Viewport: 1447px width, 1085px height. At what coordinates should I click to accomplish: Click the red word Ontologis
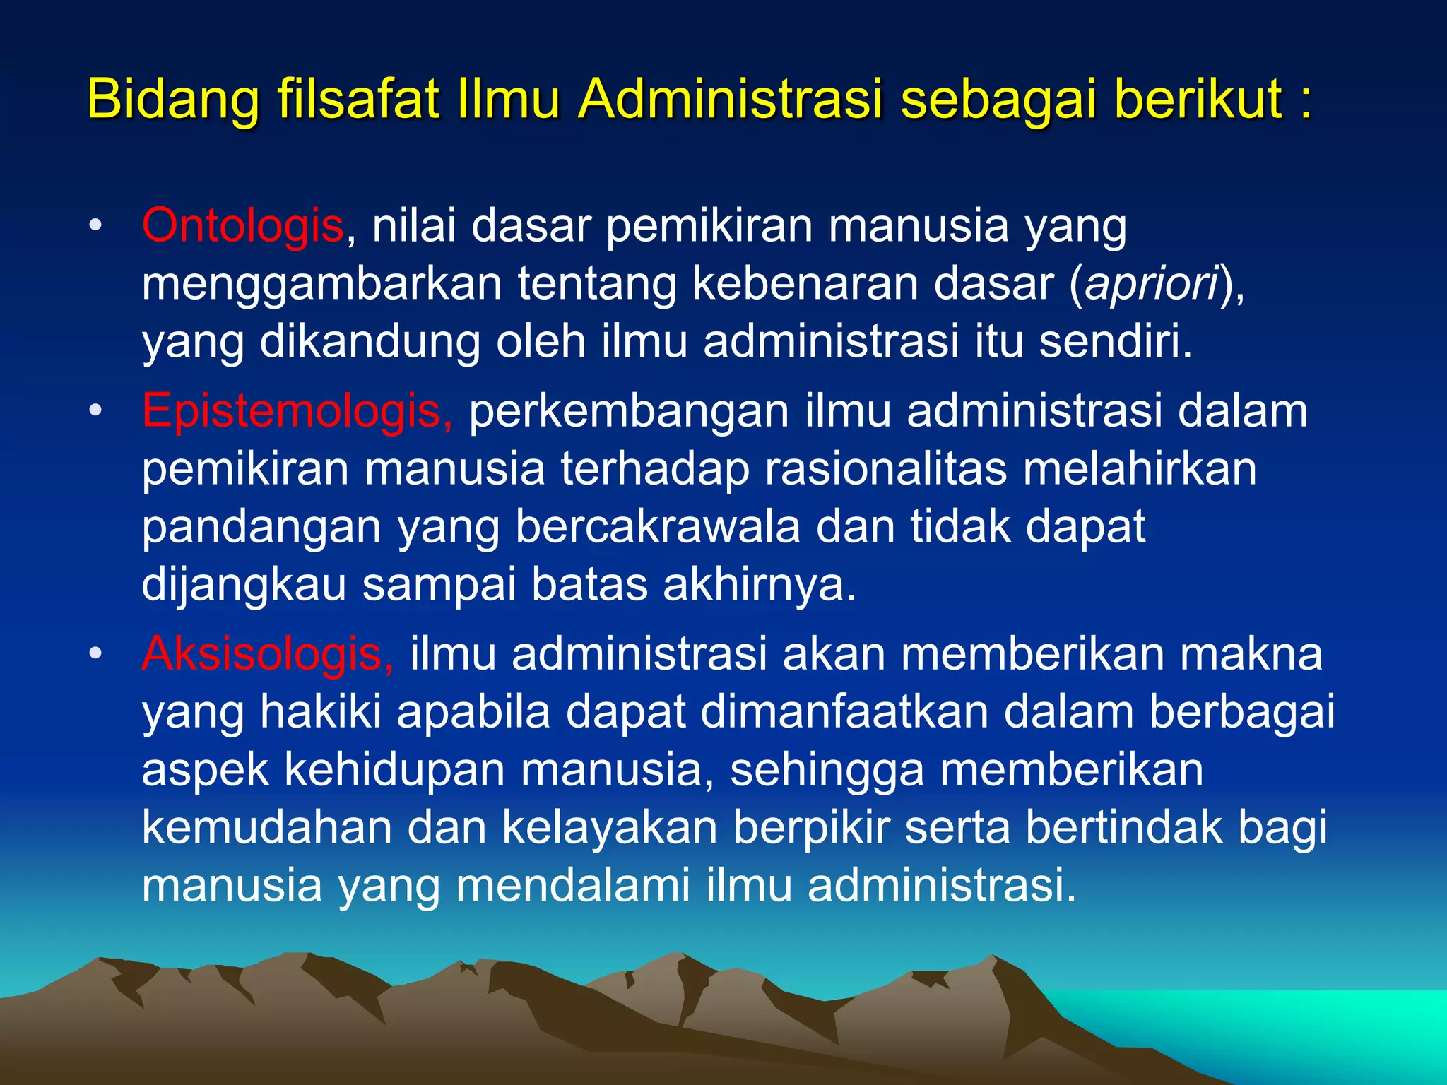tap(242, 226)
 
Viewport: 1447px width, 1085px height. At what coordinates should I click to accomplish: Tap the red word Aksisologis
tap(267, 654)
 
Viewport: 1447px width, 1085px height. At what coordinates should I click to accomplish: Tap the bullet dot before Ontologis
tap(96, 227)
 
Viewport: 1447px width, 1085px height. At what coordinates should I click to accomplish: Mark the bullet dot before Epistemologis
tap(96, 411)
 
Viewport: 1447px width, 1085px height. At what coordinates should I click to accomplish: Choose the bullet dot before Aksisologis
tap(96, 654)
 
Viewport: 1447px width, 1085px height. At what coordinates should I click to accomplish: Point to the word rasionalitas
tap(886, 469)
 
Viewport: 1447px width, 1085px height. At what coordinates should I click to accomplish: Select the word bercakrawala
tap(657, 527)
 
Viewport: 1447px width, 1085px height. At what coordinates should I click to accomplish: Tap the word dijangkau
tap(244, 586)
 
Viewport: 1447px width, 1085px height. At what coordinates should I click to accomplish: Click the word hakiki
tap(321, 712)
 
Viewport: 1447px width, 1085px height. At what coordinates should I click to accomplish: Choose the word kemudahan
tap(266, 828)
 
